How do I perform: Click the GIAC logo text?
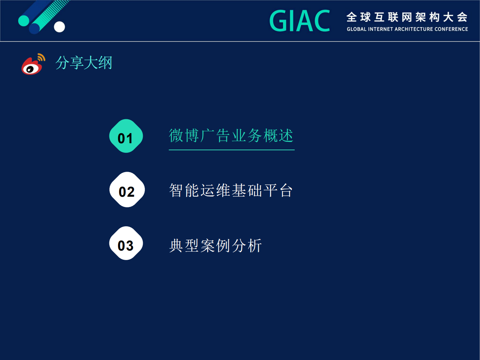(299, 21)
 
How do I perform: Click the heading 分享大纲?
(84, 63)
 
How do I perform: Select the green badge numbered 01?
(126, 136)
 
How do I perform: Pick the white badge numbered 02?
(127, 190)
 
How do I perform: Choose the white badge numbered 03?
(126, 244)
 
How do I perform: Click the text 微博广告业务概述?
(231, 136)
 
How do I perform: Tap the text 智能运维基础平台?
(231, 190)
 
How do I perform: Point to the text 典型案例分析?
(215, 245)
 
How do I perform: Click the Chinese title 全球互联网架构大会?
(407, 17)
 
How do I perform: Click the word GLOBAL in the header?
(356, 29)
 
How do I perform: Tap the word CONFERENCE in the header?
(451, 29)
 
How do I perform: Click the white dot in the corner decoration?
(59, 27)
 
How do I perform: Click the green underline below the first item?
(231, 150)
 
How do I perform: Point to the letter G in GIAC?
(277, 21)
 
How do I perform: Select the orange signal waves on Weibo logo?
(41, 57)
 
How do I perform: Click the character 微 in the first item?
(176, 136)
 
